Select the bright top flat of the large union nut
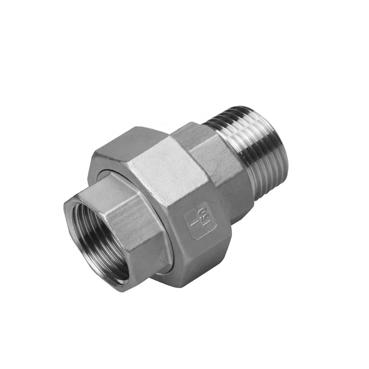[x=162, y=170]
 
